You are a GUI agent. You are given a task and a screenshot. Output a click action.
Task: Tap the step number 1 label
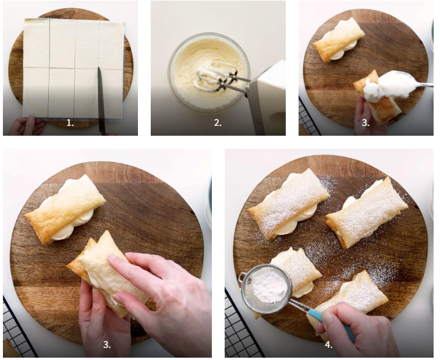(70, 123)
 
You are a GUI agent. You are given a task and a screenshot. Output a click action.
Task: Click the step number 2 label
(218, 123)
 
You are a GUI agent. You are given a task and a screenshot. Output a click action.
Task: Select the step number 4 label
(329, 344)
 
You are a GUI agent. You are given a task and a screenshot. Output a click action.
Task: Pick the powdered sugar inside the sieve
(269, 288)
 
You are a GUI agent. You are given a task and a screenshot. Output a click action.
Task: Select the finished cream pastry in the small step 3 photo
(339, 40)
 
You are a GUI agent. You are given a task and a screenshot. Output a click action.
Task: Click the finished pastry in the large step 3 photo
(65, 209)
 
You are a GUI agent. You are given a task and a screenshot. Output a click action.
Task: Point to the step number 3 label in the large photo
(107, 344)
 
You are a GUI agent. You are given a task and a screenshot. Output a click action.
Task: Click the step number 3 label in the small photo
(366, 123)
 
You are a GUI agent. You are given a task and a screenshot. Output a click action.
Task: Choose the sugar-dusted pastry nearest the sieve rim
(297, 271)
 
